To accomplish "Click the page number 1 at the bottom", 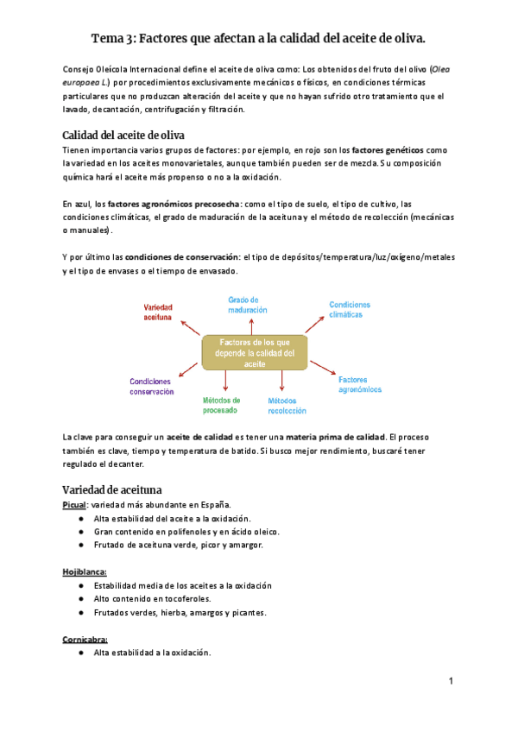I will [451, 682].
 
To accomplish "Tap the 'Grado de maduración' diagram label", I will [248, 304].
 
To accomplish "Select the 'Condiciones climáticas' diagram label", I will [350, 310].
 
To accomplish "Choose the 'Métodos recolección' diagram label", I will [287, 407].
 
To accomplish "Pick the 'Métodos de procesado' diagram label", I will [222, 406].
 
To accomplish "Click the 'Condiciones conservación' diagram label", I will [152, 386].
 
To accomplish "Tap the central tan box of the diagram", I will [255, 353].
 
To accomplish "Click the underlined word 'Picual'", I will [77, 504].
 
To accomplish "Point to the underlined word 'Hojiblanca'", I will [85, 571].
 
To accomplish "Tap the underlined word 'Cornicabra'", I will [85, 639].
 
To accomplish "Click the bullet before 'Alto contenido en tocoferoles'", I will [79, 598].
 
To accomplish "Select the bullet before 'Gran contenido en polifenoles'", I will [79, 532].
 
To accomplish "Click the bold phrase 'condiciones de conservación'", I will [183, 257].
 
